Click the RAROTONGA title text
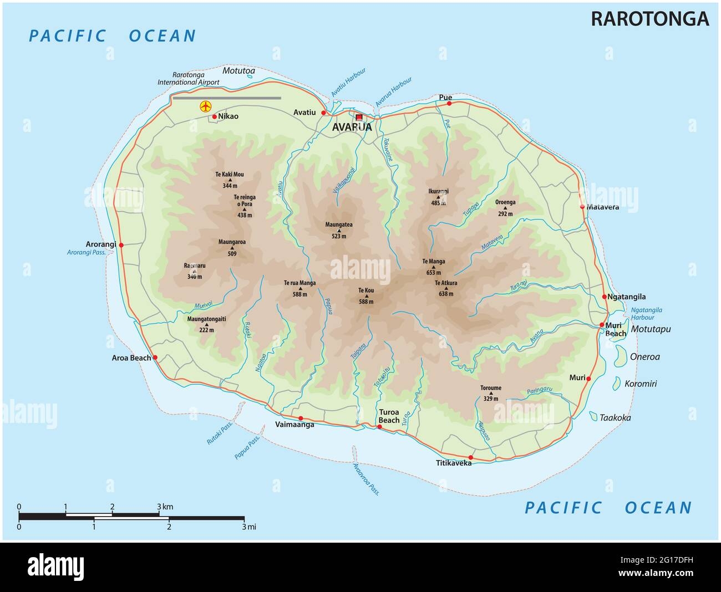649,18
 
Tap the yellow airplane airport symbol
205,106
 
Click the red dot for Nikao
215,116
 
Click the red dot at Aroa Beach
155,358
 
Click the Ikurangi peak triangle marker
438,197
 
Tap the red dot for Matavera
582,207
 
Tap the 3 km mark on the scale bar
159,507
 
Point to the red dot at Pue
450,103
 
